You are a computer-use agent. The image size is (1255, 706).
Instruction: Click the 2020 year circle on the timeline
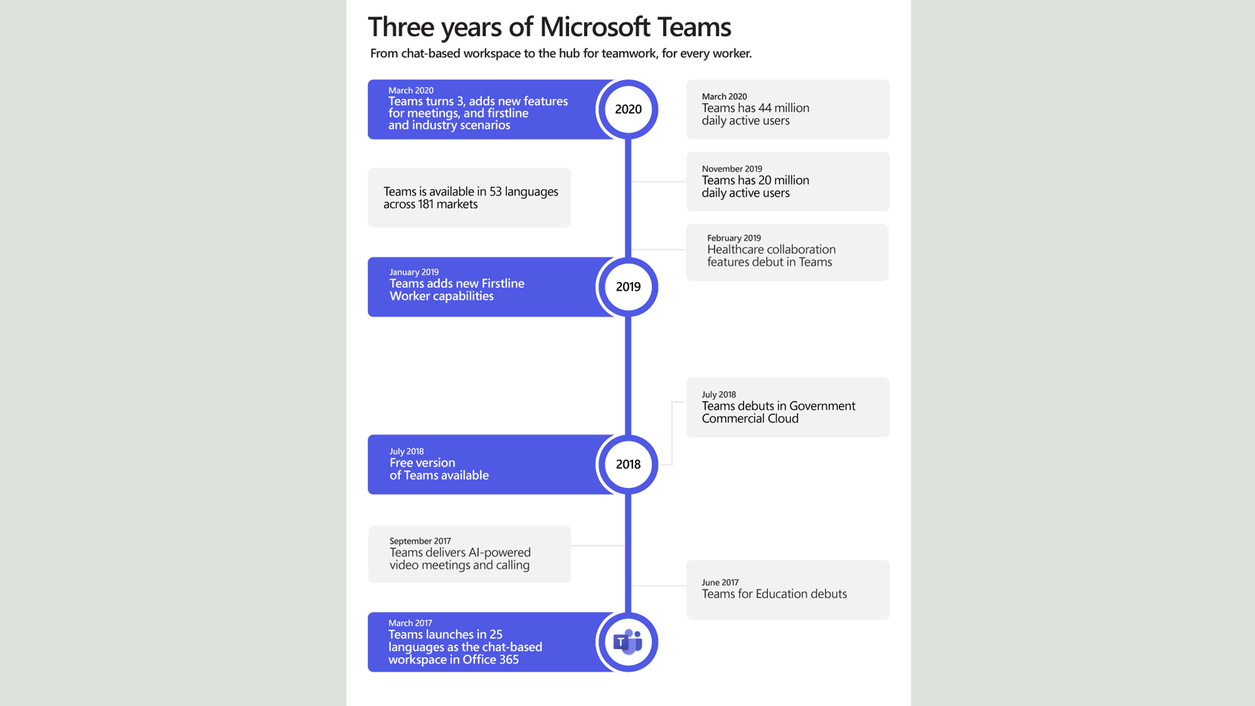tap(628, 109)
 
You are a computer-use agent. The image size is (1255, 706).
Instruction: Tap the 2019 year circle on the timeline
tap(628, 287)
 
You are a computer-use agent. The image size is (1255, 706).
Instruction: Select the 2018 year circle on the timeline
tap(628, 464)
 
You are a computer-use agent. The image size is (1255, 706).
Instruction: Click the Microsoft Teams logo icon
tap(628, 642)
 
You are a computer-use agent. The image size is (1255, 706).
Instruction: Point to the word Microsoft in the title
tap(595, 27)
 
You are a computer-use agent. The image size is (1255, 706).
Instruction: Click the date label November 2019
tap(732, 168)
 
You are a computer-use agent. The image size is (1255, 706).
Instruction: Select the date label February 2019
tap(734, 238)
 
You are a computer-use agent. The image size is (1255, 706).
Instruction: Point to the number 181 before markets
tap(426, 204)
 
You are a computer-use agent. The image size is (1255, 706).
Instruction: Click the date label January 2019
tap(414, 272)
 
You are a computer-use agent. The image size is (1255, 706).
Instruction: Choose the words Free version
tap(422, 463)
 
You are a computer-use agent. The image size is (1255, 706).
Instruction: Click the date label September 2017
tap(420, 541)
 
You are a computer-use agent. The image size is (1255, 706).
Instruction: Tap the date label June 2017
tap(720, 582)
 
